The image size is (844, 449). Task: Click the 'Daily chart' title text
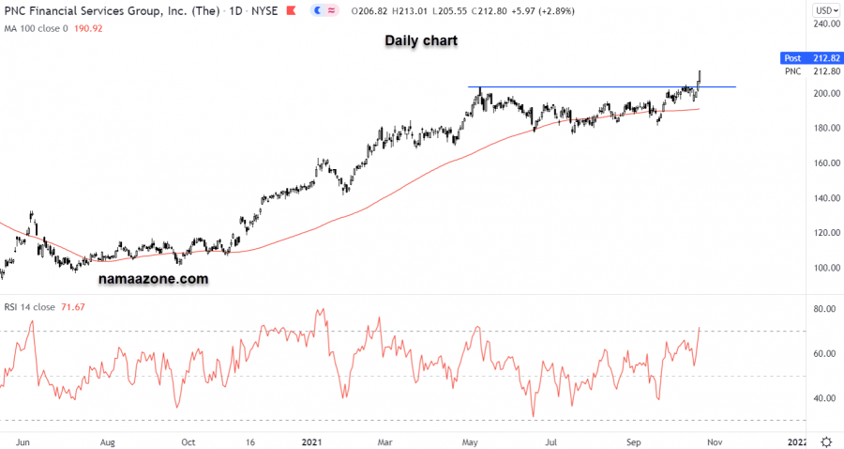[x=420, y=41]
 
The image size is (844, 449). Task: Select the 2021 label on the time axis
[x=312, y=441]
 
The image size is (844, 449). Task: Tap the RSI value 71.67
[x=72, y=306]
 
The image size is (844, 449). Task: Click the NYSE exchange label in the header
[x=264, y=10]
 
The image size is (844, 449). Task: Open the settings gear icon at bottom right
[x=825, y=441]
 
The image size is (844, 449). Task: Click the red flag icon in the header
[x=292, y=10]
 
